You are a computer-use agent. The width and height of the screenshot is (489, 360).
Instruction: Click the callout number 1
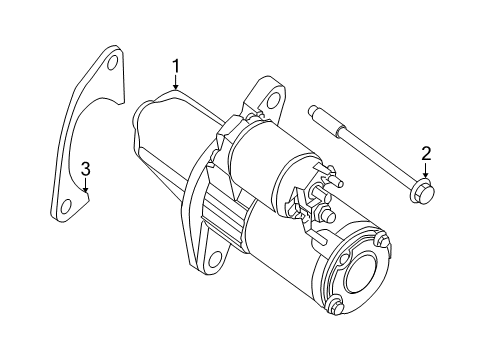click(x=175, y=67)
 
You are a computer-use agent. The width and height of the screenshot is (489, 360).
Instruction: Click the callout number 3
click(x=86, y=167)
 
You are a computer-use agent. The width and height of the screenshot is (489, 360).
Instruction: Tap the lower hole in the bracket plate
click(x=66, y=209)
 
